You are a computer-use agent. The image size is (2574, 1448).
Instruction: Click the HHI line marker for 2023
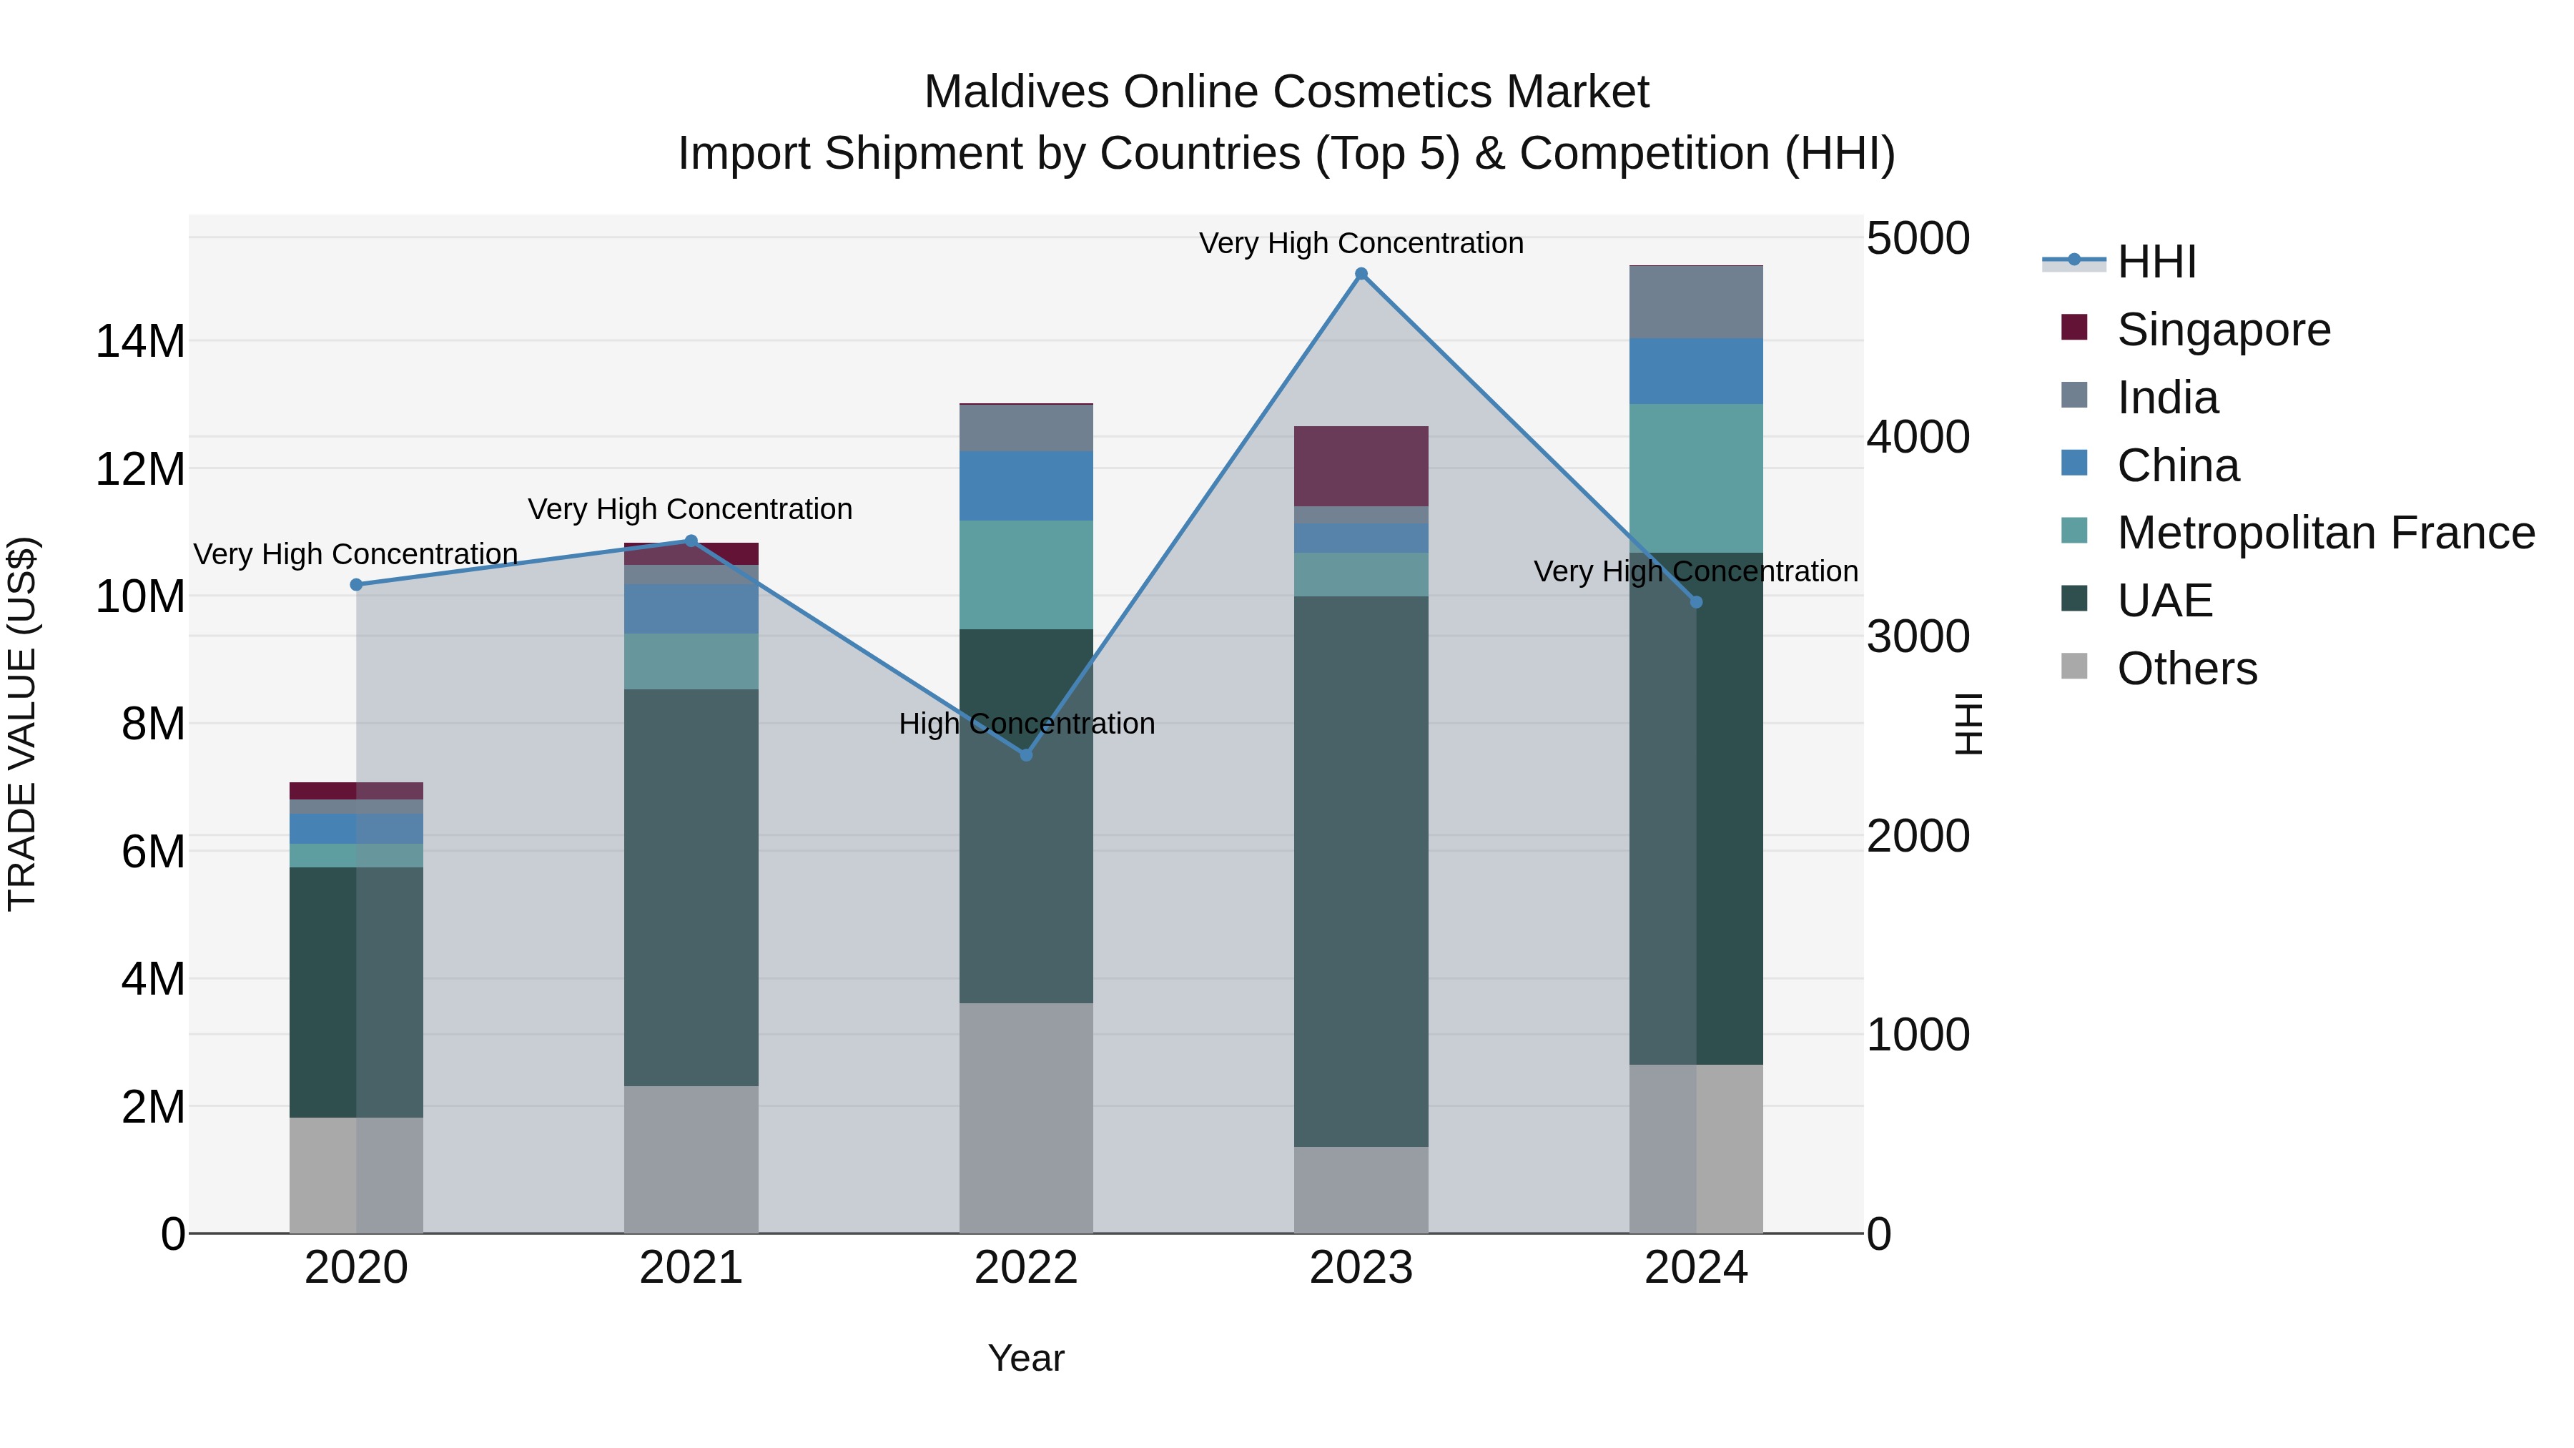click(1361, 274)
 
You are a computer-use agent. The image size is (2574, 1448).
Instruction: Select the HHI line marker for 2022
click(1026, 754)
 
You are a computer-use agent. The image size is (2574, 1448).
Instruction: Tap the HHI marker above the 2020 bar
click(356, 585)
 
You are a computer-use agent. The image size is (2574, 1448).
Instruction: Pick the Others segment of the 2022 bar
click(1026, 1117)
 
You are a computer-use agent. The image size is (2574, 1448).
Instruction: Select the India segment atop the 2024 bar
click(1696, 302)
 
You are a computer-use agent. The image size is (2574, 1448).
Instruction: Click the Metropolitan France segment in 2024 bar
click(1696, 478)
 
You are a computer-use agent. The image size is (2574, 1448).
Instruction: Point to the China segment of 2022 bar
click(1026, 486)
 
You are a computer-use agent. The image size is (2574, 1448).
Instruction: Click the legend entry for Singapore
click(2222, 330)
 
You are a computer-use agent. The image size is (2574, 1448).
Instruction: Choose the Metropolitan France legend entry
click(2324, 533)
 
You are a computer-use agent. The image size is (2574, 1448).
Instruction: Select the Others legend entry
click(2186, 669)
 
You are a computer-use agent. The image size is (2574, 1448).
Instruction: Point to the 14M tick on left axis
click(140, 342)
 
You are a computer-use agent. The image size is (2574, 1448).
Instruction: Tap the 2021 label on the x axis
click(691, 1268)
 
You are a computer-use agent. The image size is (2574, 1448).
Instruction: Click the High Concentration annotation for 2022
click(1026, 724)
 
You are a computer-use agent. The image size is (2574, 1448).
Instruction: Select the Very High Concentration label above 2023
click(1361, 243)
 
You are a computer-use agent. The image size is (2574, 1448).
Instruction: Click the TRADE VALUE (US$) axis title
click(22, 724)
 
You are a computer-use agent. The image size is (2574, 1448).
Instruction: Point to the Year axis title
click(1026, 1358)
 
